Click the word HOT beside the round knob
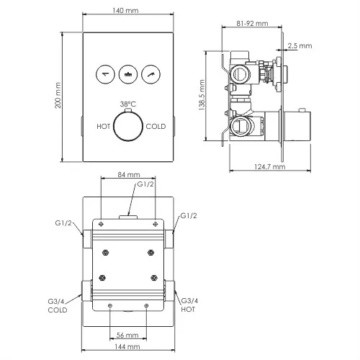click(104, 126)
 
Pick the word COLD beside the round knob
click(156, 126)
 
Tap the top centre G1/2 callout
click(146, 184)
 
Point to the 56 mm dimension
click(127, 335)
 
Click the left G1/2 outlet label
click(63, 223)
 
